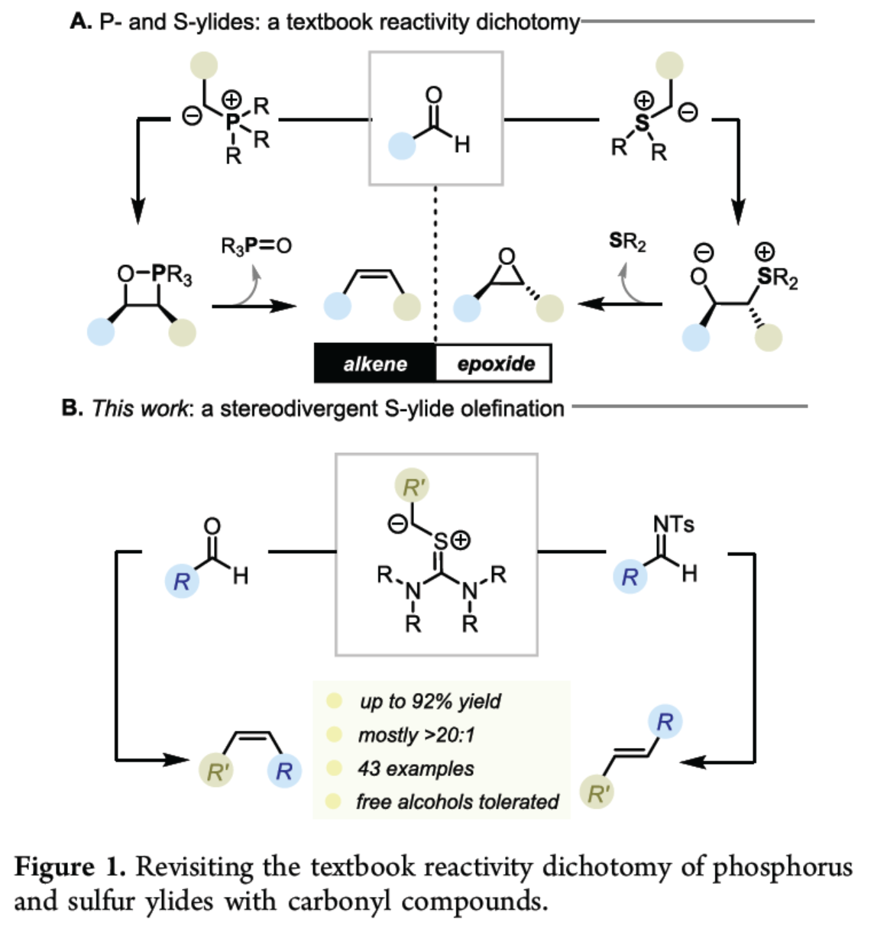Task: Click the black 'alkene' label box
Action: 375,364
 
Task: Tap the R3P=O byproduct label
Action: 256,246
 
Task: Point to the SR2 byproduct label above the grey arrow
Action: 627,242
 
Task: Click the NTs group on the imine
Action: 673,524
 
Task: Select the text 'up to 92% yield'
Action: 430,701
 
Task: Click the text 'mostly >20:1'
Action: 416,735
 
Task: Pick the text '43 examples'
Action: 416,769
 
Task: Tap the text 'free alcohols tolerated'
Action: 457,801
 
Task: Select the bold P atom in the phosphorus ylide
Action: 232,120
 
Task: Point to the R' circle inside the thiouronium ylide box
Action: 413,487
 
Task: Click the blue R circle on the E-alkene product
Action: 665,721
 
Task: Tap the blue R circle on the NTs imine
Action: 630,577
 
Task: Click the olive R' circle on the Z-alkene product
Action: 217,772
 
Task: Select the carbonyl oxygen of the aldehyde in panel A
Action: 434,95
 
